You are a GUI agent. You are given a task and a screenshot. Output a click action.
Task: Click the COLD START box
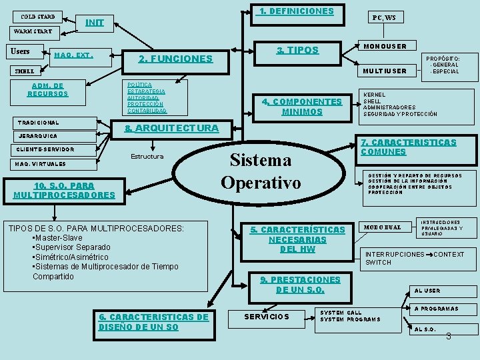37,16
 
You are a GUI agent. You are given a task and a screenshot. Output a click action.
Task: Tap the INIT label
95,23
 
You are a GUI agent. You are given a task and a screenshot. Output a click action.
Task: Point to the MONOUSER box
386,46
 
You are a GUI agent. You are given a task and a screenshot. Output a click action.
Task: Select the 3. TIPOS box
297,51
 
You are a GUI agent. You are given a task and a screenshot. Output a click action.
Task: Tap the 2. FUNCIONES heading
175,59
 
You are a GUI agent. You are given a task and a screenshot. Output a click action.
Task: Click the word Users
21,51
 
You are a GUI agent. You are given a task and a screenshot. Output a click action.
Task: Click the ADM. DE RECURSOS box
47,89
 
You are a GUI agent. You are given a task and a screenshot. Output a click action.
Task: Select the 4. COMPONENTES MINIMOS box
301,107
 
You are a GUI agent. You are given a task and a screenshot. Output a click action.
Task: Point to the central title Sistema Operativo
261,171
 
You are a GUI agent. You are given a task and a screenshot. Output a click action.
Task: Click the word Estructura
147,157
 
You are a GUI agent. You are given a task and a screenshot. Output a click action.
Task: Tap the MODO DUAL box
382,227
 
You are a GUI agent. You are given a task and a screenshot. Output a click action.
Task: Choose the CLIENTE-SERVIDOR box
46,149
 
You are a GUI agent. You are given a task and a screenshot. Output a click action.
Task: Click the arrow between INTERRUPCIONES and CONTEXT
429,255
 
